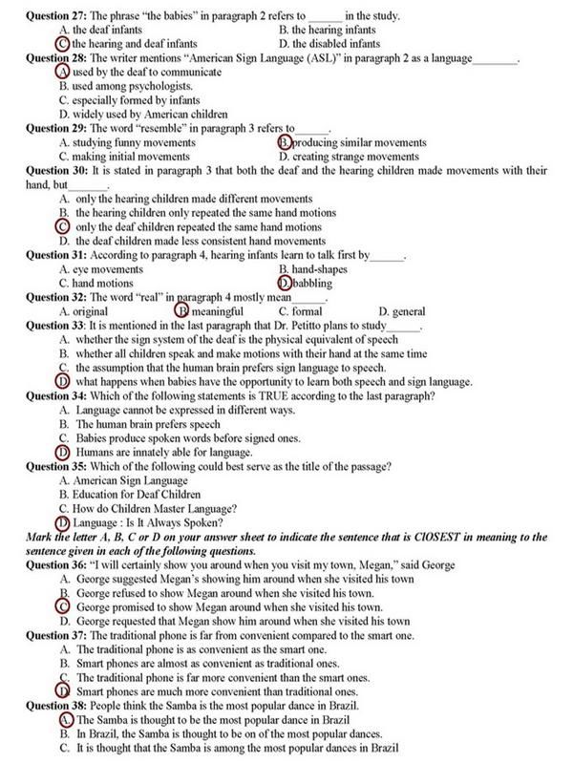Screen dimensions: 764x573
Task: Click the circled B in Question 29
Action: coord(285,142)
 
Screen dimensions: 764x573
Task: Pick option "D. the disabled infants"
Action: coord(329,44)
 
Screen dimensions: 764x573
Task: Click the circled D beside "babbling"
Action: coord(285,284)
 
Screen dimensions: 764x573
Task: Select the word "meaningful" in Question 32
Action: coord(217,311)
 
